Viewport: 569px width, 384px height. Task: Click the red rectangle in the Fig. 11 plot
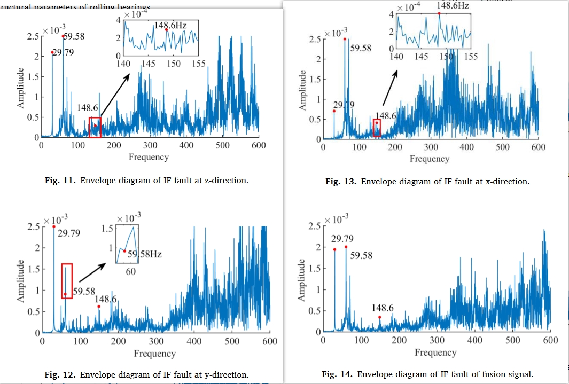pyautogui.click(x=95, y=127)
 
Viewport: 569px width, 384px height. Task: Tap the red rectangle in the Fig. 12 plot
pyautogui.click(x=67, y=281)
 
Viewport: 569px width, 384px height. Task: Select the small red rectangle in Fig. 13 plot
pyautogui.click(x=377, y=128)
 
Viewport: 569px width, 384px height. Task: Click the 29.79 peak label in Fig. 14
pyautogui.click(x=342, y=238)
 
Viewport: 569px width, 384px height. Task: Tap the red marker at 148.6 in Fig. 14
pyautogui.click(x=380, y=317)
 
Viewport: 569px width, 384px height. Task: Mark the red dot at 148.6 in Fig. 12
pyautogui.click(x=99, y=307)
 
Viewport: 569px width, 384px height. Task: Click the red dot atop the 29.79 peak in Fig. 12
pyautogui.click(x=53, y=226)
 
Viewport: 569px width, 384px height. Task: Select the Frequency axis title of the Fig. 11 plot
pyautogui.click(x=149, y=157)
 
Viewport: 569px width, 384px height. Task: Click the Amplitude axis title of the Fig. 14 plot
pyautogui.click(x=302, y=281)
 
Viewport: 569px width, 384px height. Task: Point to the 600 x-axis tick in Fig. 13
pyautogui.click(x=537, y=147)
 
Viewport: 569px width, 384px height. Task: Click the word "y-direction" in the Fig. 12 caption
pyautogui.click(x=227, y=374)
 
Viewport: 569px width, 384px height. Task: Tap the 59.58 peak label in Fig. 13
pyautogui.click(x=361, y=48)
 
